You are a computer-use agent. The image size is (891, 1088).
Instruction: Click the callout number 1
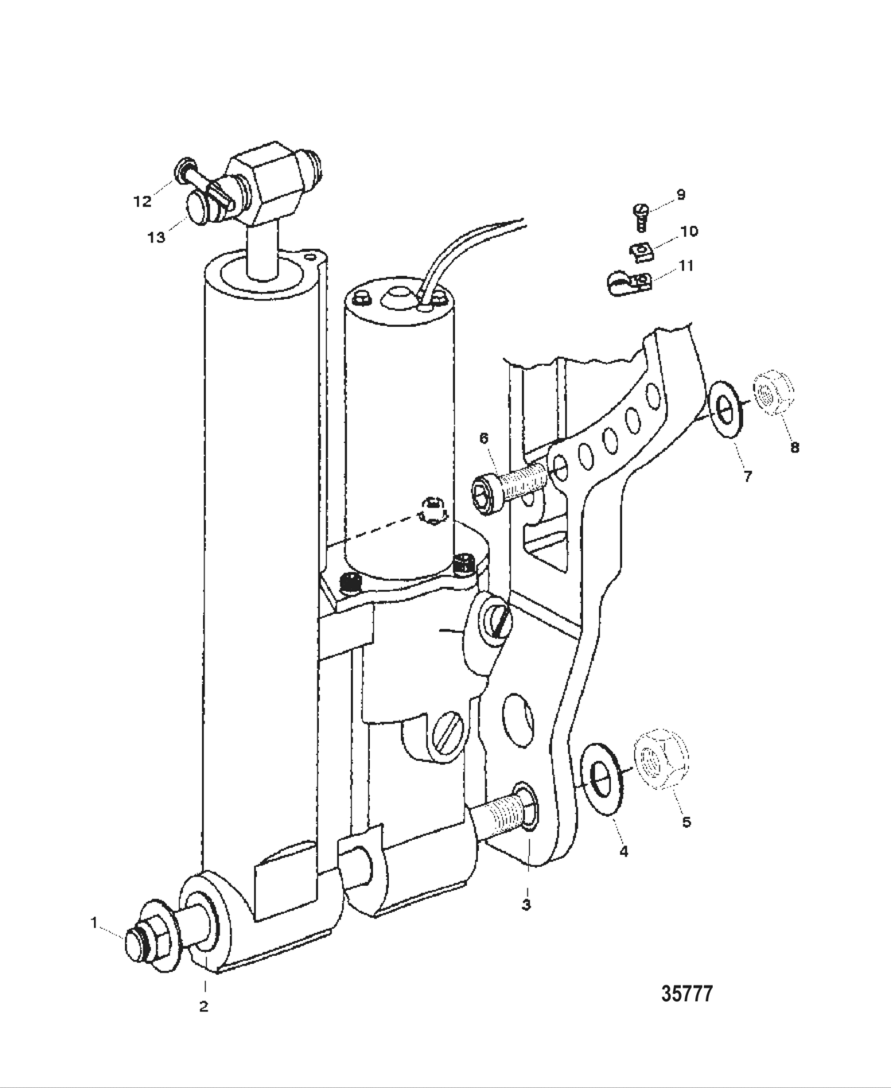click(x=94, y=923)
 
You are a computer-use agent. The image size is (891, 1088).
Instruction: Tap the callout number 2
click(x=204, y=1007)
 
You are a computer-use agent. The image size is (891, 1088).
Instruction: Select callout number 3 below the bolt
click(x=526, y=904)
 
